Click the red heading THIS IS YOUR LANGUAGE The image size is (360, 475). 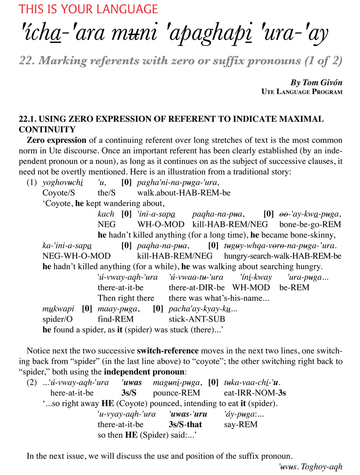(x=88, y=9)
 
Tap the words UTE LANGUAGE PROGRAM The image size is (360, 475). (x=302, y=92)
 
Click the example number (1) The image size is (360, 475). (x=31, y=183)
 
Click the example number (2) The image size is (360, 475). (x=31, y=383)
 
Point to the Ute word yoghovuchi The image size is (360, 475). (x=63, y=183)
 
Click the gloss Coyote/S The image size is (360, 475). (x=58, y=193)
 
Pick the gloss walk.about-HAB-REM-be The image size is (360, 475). (x=184, y=193)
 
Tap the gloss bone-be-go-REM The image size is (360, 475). (x=310, y=225)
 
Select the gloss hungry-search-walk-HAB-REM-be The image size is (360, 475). (x=282, y=256)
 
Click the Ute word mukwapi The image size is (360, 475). (x=58, y=309)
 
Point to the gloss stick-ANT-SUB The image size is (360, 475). (x=196, y=319)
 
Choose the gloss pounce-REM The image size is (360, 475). (x=176, y=393)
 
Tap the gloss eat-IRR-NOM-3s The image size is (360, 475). (x=255, y=393)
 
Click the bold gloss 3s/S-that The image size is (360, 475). (x=185, y=425)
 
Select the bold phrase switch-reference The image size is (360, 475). (x=168, y=351)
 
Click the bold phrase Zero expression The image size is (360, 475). (x=56, y=140)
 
